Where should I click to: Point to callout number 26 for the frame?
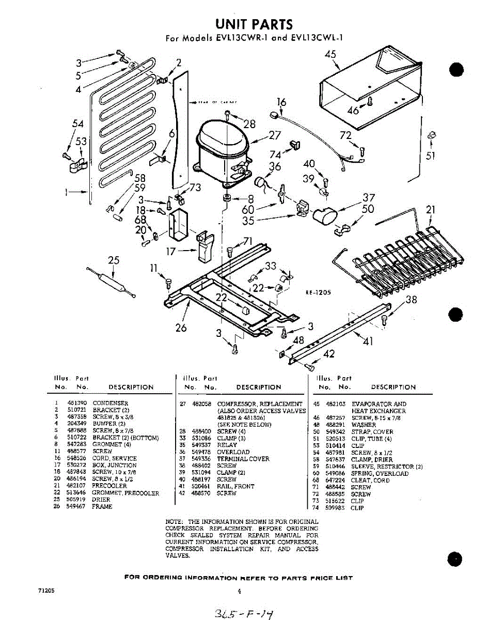pyautogui.click(x=181, y=327)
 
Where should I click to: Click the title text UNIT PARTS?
pyautogui.click(x=254, y=24)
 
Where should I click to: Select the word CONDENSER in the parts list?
pyautogui.click(x=110, y=403)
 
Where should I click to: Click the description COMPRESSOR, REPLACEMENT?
pyautogui.click(x=260, y=404)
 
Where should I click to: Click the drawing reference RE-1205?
pyautogui.click(x=318, y=292)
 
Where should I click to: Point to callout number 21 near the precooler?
pyautogui.click(x=430, y=210)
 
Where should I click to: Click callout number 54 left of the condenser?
pyautogui.click(x=77, y=123)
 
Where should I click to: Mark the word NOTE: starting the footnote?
pyautogui.click(x=175, y=522)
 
